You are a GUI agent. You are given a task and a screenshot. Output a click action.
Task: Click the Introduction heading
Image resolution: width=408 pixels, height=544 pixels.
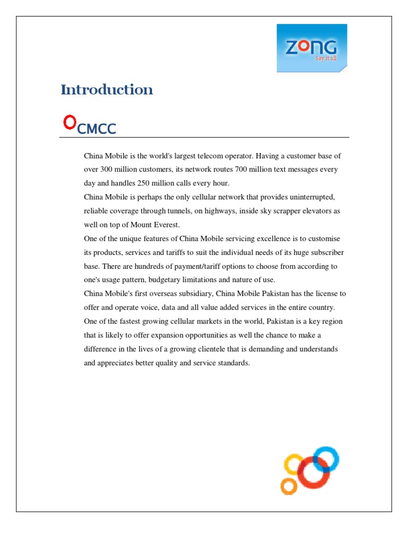[107, 90]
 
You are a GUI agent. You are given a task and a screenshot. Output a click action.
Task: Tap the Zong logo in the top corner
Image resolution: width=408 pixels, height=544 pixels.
[312, 48]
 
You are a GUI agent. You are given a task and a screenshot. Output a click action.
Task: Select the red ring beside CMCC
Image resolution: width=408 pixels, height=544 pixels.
[69, 123]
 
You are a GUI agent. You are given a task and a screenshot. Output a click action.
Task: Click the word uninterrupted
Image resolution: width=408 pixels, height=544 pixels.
[307, 197]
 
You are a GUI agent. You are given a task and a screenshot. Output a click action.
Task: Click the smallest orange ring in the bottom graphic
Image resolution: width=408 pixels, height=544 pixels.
[288, 486]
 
